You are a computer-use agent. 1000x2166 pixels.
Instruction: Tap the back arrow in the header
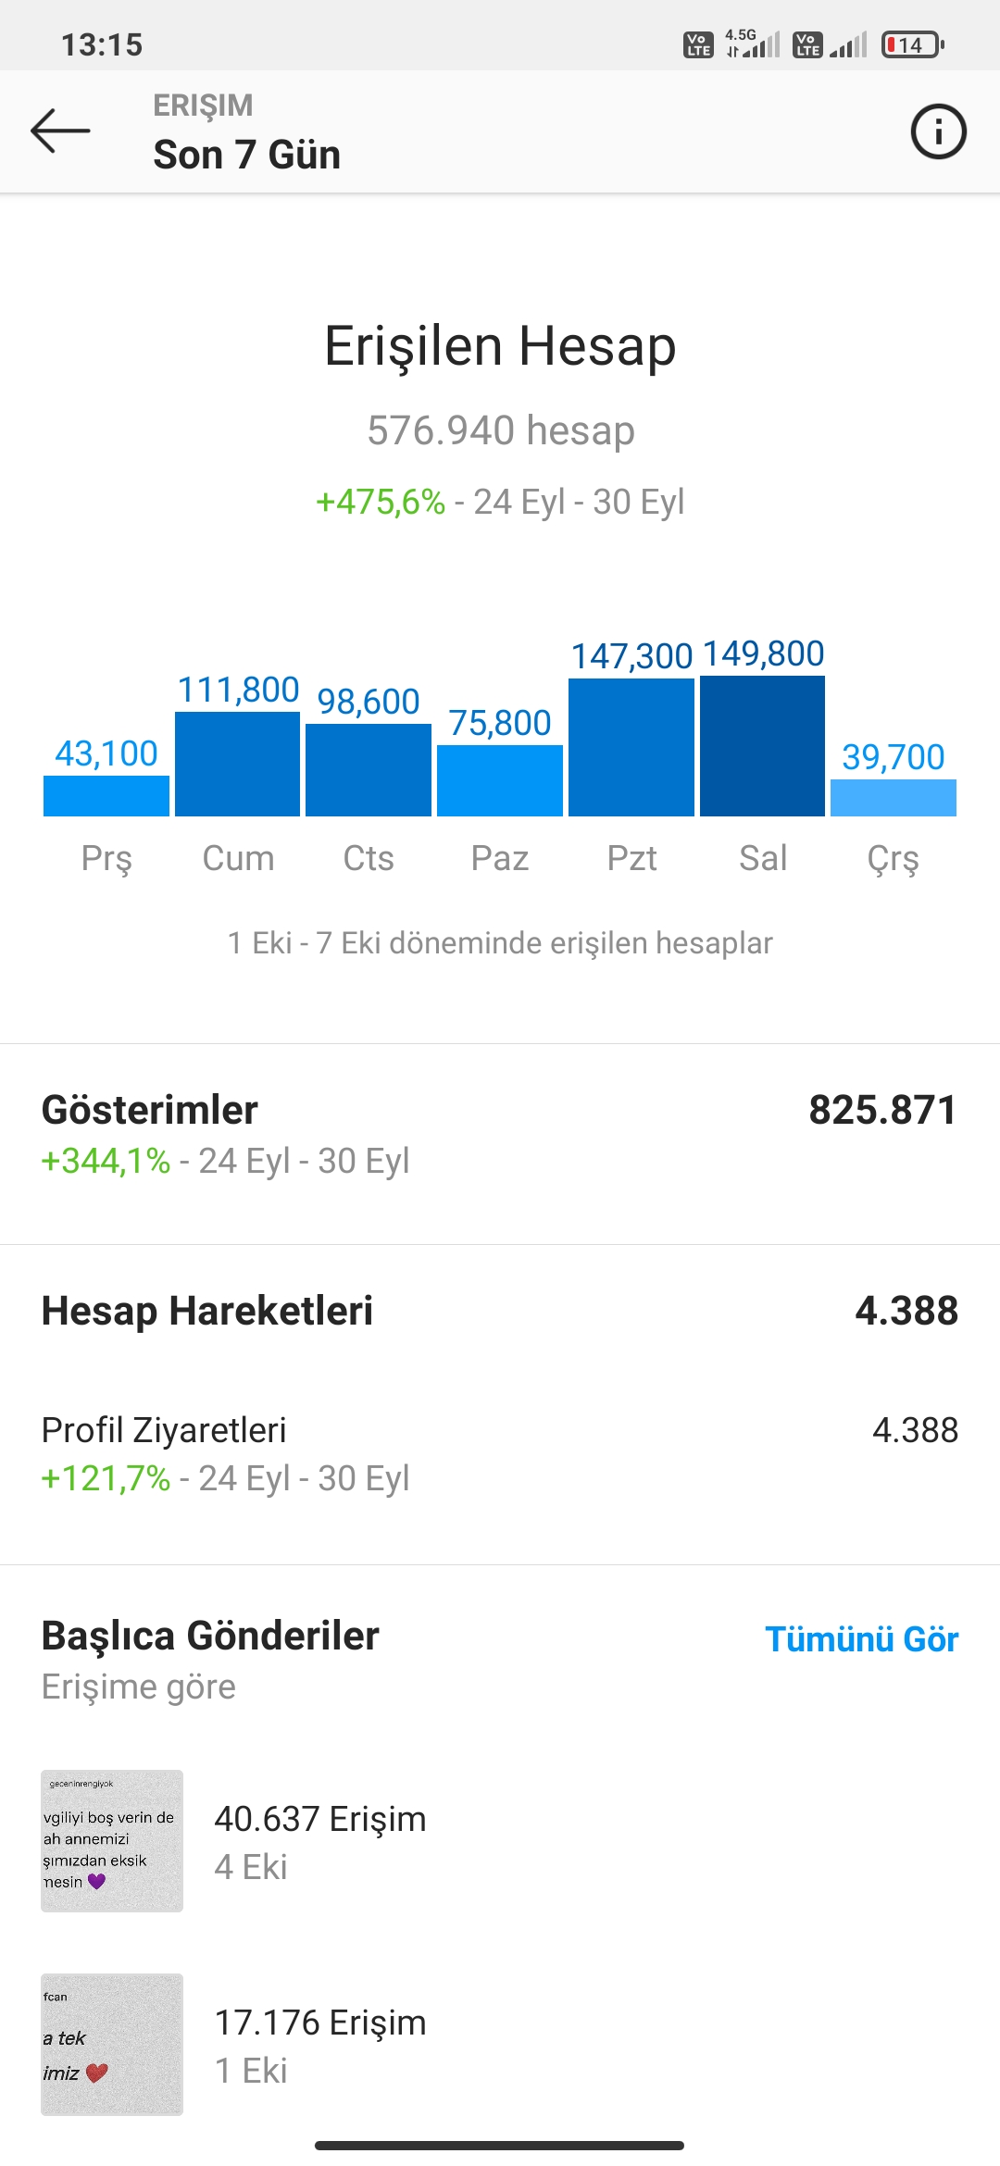tap(60, 131)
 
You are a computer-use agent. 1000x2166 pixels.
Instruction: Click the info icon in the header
tap(938, 131)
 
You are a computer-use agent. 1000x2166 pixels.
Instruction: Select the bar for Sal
tap(762, 746)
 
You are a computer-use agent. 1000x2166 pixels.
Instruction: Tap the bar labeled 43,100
tap(106, 796)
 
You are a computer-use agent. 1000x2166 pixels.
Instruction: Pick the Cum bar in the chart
tap(237, 764)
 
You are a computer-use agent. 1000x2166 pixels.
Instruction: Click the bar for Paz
tap(500, 780)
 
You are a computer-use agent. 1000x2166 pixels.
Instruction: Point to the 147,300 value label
tap(631, 656)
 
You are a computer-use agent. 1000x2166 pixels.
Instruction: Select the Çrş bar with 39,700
tap(894, 798)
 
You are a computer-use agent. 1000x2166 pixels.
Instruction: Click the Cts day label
tap(369, 858)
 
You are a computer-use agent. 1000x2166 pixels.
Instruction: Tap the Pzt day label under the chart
tap(631, 858)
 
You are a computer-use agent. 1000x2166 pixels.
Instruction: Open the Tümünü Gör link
tap(861, 1639)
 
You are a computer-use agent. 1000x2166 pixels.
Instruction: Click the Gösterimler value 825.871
tap(882, 1110)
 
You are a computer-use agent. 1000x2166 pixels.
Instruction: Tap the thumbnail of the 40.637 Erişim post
tap(112, 1841)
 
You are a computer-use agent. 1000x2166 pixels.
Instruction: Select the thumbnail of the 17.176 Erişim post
tap(112, 2045)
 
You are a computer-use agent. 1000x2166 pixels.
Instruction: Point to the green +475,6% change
tap(381, 502)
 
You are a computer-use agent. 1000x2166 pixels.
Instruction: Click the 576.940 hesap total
tap(501, 430)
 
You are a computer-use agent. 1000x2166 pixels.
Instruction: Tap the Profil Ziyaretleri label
tap(164, 1430)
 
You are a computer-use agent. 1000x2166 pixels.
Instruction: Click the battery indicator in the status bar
tap(913, 44)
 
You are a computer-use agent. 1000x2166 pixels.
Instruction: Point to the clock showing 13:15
tap(102, 44)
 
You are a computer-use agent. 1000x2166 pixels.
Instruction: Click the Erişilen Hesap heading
tap(500, 346)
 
